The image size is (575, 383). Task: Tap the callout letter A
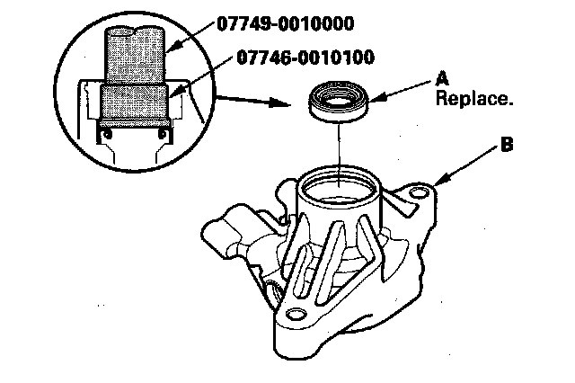pyautogui.click(x=442, y=79)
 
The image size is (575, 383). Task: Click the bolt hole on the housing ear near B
pyautogui.click(x=418, y=192)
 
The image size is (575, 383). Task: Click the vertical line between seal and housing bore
pyautogui.click(x=339, y=144)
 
